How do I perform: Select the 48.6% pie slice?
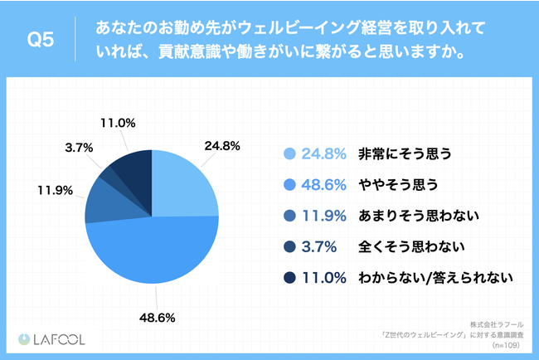click(x=149, y=253)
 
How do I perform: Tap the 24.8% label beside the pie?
click(x=221, y=145)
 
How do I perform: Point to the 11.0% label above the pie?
click(x=117, y=122)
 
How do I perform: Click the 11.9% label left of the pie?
click(x=51, y=189)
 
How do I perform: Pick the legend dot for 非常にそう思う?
click(x=289, y=153)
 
